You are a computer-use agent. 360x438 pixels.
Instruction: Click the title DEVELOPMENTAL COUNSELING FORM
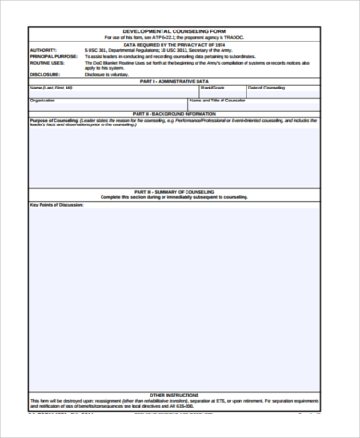point(180,30)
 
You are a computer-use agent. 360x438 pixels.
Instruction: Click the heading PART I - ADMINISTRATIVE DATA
point(180,81)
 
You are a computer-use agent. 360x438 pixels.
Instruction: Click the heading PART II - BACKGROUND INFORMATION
point(180,114)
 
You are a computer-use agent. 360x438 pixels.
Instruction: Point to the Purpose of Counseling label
point(56,120)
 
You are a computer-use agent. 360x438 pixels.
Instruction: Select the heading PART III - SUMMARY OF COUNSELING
point(180,192)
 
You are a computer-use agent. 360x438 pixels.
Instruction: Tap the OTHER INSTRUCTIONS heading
point(180,393)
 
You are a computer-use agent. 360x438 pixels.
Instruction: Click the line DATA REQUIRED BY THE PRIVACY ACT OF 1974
point(180,42)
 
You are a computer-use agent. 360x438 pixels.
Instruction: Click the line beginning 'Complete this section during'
point(180,197)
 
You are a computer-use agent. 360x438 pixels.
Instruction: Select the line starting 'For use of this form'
point(180,37)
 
